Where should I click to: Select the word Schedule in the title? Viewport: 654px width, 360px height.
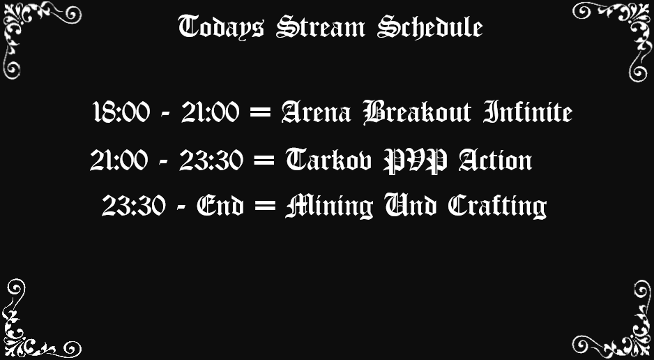coord(429,28)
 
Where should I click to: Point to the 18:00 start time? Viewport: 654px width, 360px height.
coord(121,112)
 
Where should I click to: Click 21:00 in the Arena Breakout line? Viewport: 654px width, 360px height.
coord(208,112)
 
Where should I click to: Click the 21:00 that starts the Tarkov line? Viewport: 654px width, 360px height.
coord(119,161)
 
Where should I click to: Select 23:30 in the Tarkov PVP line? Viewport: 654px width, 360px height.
coord(211,161)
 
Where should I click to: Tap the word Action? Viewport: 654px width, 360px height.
coord(495,161)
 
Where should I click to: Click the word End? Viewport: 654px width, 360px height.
coord(220,207)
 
